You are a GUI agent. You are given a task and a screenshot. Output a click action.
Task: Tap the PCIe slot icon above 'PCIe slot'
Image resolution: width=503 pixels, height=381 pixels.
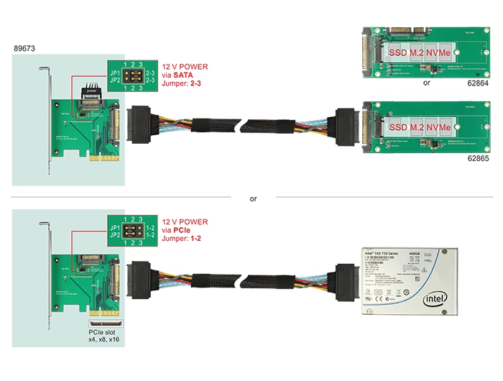click(104, 324)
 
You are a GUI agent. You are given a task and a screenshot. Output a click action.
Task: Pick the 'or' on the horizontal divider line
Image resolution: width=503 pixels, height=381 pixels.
click(252, 198)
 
